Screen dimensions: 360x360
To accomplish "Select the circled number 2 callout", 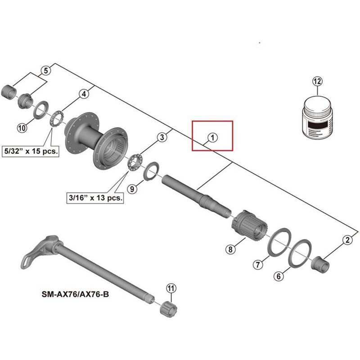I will click(347, 240).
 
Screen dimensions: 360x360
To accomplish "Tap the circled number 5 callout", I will click(45, 70).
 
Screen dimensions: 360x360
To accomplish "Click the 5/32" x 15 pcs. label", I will click(31, 151).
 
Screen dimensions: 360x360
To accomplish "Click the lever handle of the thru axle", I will click(34, 256).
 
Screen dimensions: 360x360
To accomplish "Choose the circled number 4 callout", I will click(83, 94).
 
